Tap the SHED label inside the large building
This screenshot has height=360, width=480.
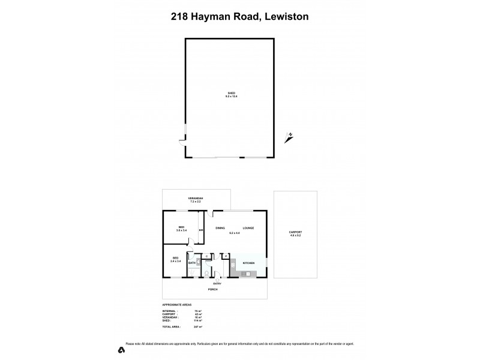231,93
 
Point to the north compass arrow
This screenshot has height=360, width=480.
290,137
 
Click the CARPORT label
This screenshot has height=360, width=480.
295,232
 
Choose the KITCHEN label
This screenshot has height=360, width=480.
248,263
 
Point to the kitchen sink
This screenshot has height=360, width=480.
246,273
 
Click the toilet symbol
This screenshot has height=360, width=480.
205,274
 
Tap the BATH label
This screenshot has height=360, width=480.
191,263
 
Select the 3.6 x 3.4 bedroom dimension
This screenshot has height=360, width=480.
181,230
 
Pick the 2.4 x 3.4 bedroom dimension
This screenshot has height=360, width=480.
176,261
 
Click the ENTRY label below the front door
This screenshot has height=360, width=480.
217,283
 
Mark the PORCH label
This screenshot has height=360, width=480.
212,289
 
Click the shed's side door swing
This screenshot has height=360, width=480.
181,142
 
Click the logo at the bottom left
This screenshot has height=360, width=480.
121,349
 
